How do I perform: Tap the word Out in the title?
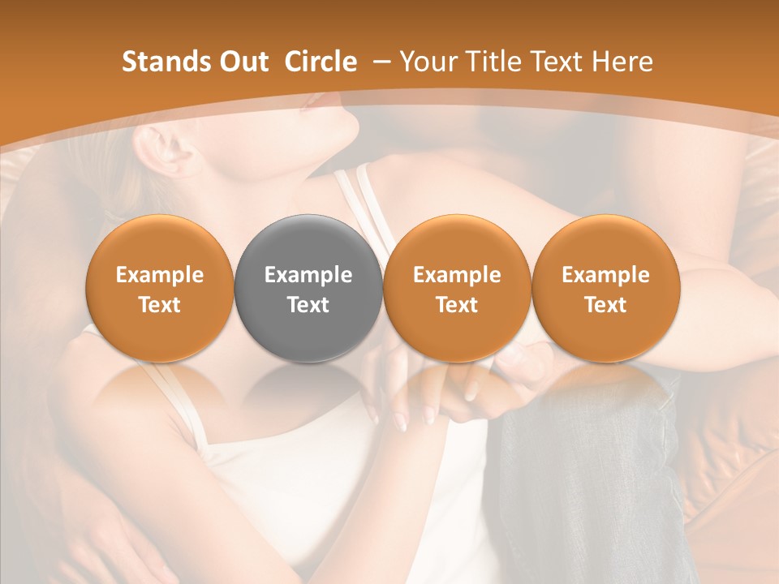(x=242, y=62)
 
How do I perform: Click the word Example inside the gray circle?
(x=308, y=275)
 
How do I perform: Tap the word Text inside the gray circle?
(x=308, y=305)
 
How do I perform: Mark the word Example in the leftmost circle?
(x=160, y=275)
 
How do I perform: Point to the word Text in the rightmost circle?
(x=605, y=305)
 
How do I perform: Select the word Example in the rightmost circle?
(x=605, y=275)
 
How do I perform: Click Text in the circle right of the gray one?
(x=457, y=305)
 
